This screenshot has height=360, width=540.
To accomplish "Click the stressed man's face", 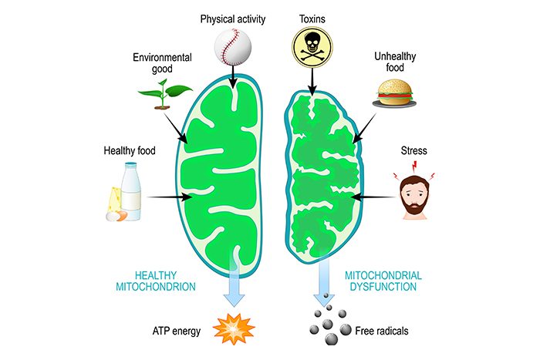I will click(417, 197).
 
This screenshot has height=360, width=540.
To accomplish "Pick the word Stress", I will click(415, 151).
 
